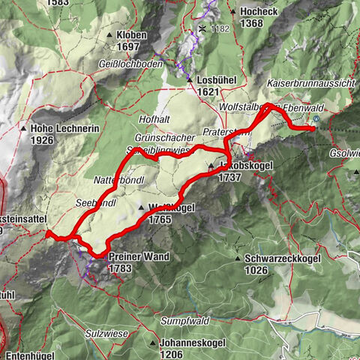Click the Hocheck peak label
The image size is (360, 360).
(260, 11)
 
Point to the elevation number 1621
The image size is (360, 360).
(212, 91)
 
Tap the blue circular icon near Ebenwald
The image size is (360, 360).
(317, 118)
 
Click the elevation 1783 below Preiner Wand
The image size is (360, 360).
(120, 268)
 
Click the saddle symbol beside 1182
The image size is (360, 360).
(202, 28)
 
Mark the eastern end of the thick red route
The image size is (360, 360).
(313, 130)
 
